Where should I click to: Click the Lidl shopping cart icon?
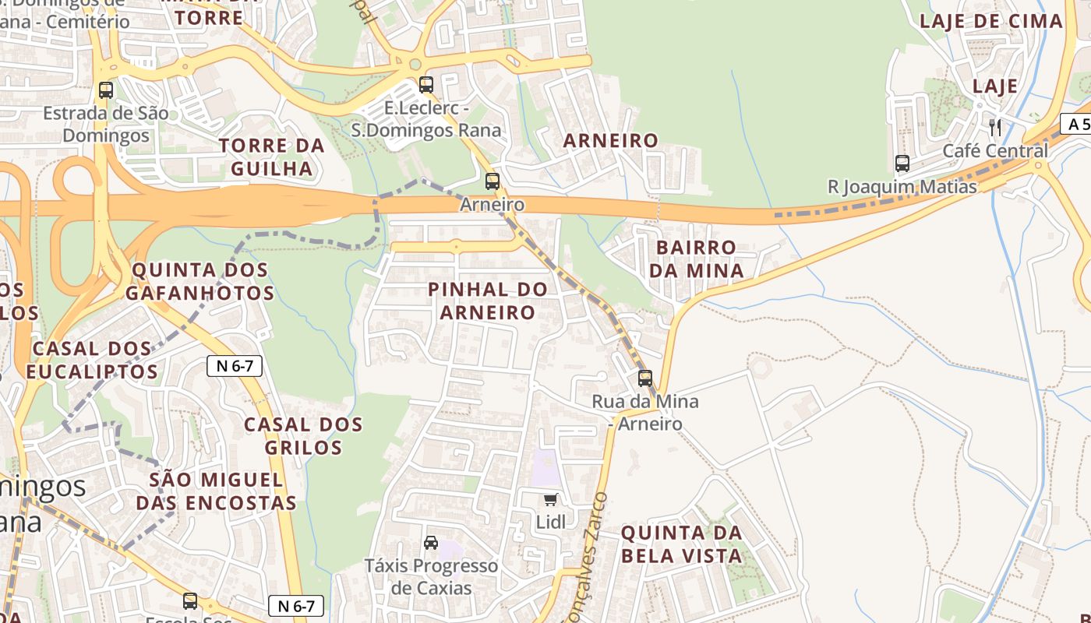tap(551, 499)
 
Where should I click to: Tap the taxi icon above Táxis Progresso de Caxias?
tap(430, 543)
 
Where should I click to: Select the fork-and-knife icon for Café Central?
tap(994, 127)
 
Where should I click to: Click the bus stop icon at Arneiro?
tap(492, 181)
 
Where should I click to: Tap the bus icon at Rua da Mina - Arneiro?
tap(645, 378)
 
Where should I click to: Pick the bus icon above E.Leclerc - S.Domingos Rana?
tap(425, 85)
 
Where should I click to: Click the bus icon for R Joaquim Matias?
tap(902, 164)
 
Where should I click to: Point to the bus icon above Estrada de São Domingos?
tap(106, 90)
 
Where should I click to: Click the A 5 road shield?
tap(1078, 124)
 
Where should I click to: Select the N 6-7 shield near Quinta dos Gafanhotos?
tap(235, 366)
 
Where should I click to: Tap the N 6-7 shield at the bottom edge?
tap(296, 606)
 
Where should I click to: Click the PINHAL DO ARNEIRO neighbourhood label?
tap(488, 301)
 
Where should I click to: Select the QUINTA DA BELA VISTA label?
tap(681, 544)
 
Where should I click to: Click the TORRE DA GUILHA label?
tap(270, 157)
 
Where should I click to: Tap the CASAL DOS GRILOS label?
tap(303, 436)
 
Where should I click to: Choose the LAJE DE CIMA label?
tap(990, 22)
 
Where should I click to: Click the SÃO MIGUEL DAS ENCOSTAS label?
tap(216, 491)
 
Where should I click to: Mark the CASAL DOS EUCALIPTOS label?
tap(92, 360)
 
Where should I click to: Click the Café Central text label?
tap(995, 151)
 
